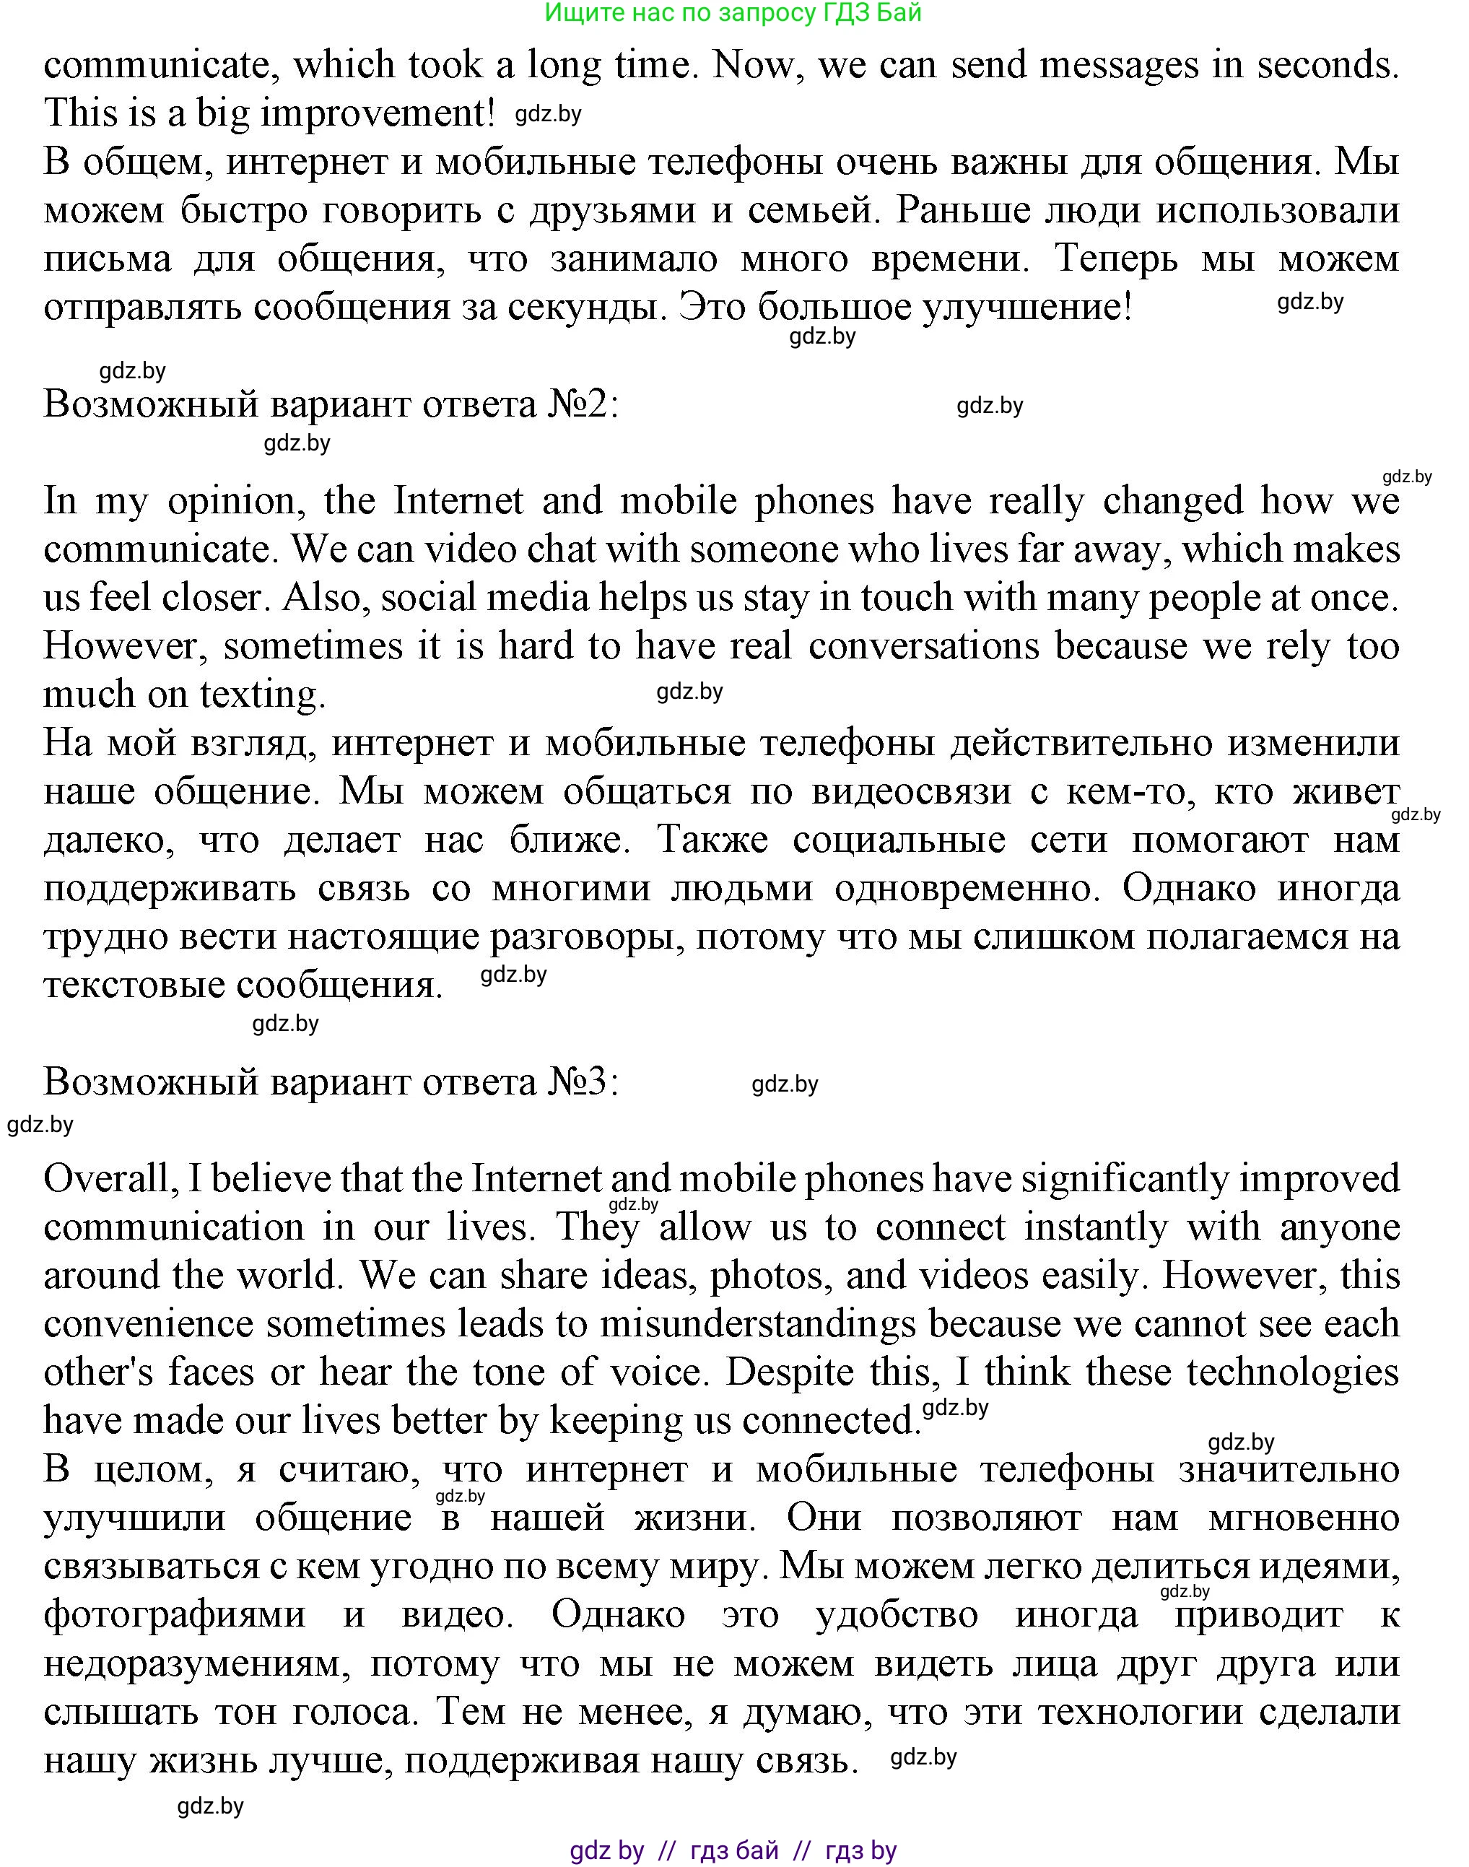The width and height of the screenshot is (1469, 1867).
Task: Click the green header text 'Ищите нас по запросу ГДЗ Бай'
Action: tap(733, 13)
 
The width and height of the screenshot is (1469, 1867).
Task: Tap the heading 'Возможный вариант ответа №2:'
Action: tap(331, 404)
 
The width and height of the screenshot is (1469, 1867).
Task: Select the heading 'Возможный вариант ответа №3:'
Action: tap(331, 1082)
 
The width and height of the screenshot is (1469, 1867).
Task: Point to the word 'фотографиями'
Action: tap(175, 1615)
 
